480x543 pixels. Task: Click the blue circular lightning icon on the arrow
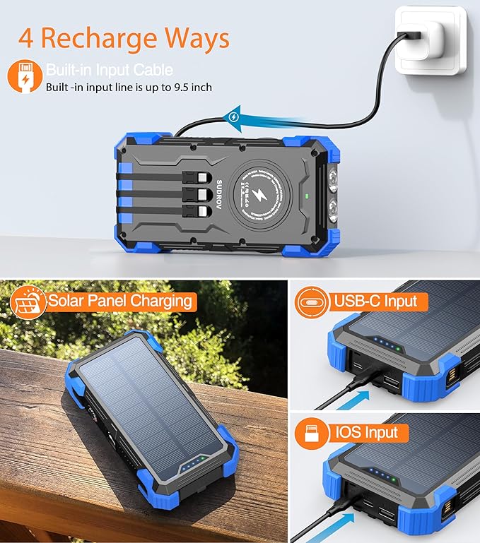[234, 117]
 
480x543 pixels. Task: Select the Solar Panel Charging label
[119, 302]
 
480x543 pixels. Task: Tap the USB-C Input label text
[375, 302]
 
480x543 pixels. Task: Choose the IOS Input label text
[367, 432]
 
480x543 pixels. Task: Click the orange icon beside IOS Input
[312, 432]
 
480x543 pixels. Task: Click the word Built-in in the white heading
[69, 71]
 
